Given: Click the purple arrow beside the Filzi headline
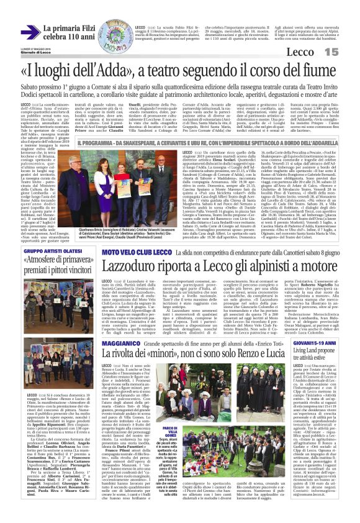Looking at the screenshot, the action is pyautogui.click(x=35, y=30).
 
